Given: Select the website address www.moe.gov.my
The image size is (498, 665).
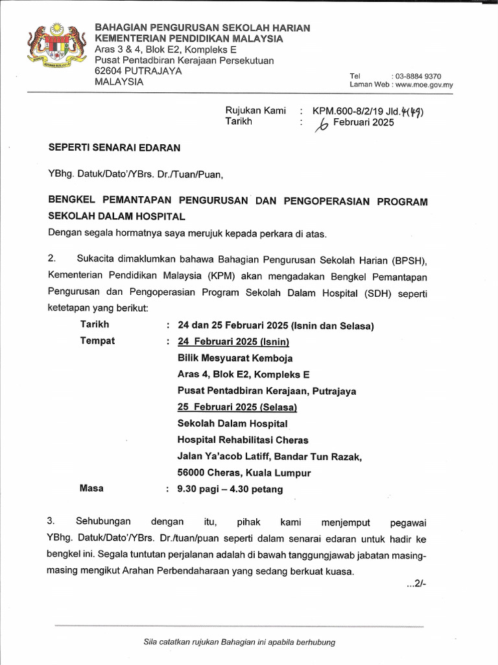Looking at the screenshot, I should point(423,85).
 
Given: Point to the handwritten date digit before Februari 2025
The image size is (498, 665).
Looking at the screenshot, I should point(321,124).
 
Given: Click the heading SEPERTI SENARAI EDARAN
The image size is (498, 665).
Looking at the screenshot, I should point(115,147).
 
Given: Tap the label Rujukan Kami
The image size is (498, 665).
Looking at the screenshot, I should point(255,110).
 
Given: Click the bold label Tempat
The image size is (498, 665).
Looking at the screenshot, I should point(97,340).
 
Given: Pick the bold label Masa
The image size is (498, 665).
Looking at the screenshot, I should point(91,488).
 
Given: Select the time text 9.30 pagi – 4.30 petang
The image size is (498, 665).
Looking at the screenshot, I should point(230,489).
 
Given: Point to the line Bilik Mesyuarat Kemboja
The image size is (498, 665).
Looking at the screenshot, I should point(235,358).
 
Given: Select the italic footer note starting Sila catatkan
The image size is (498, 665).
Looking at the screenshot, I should point(239,642).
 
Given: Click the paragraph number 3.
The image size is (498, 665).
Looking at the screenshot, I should point(52,521).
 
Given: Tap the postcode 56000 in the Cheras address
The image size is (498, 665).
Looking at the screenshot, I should point(192,473).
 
